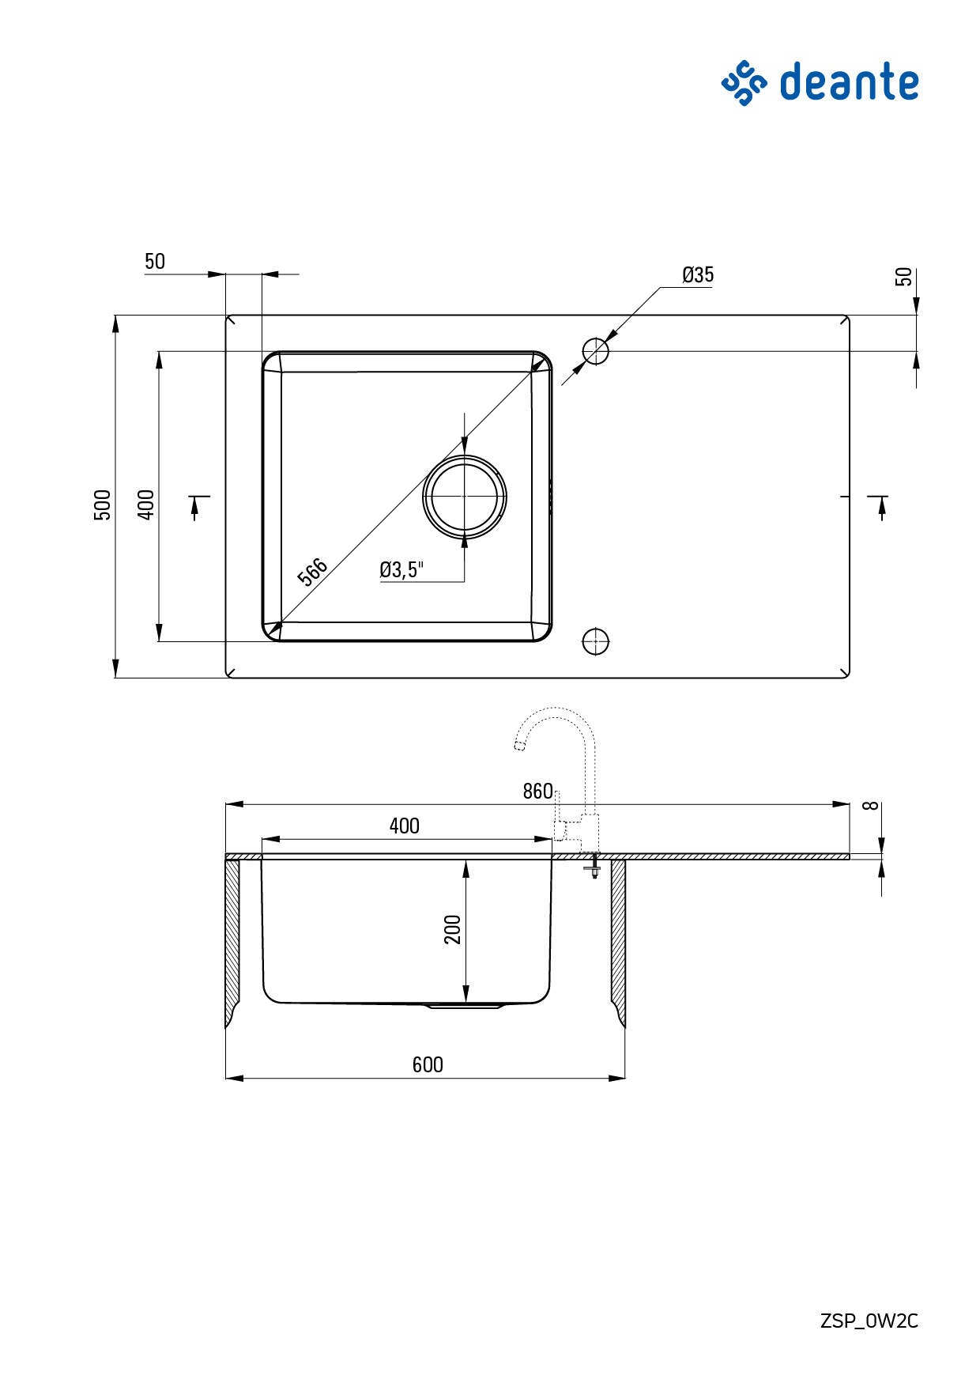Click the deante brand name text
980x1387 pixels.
point(849,82)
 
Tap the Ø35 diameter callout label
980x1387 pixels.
point(698,274)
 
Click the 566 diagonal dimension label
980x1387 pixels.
point(312,572)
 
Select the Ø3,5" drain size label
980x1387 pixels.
point(401,569)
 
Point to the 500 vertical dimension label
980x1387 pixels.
point(103,505)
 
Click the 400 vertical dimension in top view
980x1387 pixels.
point(146,505)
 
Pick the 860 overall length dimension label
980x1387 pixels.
point(537,792)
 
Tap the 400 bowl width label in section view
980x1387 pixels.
point(404,826)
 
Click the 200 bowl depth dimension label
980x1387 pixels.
point(453,929)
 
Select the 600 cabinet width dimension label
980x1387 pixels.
point(428,1064)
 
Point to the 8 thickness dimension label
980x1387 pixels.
point(871,806)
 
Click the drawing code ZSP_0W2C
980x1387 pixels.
point(869,1321)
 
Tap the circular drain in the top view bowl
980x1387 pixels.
point(465,496)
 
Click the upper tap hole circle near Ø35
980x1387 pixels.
point(596,350)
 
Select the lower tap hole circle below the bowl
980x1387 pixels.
point(595,641)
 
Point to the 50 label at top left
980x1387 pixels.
point(155,262)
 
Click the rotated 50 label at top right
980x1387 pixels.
point(903,277)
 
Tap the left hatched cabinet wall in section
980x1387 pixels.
point(232,941)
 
